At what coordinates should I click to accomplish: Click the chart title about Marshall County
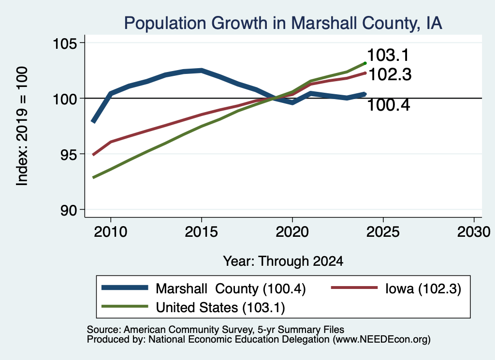click(x=283, y=23)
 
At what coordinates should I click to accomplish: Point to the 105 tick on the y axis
click(x=65, y=43)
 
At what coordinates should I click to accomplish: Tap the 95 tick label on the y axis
click(x=69, y=154)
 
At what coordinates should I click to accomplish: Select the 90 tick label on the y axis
click(x=69, y=210)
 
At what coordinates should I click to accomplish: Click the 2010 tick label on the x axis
click(x=111, y=232)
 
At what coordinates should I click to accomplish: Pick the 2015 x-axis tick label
click(x=202, y=232)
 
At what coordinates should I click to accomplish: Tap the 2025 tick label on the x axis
click(x=383, y=232)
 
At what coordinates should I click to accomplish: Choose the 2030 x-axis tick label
click(x=474, y=232)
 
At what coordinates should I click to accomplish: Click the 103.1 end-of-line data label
click(x=388, y=55)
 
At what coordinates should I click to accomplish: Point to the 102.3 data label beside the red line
click(x=390, y=75)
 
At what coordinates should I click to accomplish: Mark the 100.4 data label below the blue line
click(x=389, y=105)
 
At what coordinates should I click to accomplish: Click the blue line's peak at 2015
click(x=202, y=71)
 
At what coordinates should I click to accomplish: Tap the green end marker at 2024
click(x=365, y=63)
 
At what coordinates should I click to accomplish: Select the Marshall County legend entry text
click(x=231, y=288)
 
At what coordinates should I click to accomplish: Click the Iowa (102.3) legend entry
click(x=423, y=288)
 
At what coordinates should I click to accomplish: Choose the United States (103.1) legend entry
click(x=220, y=308)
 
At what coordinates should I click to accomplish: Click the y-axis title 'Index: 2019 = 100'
click(x=22, y=126)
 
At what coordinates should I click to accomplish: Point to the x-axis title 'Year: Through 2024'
click(x=283, y=261)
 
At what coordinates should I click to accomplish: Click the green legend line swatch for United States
click(x=125, y=306)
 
